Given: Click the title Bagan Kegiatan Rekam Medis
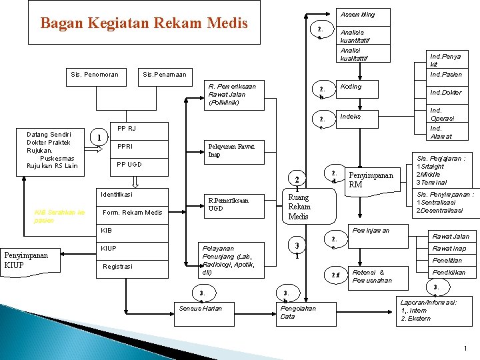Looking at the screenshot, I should pos(144,23).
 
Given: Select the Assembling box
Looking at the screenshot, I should pos(358,15).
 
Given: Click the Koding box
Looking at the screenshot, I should pos(351,87).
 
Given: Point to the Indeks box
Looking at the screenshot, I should pos(351,117).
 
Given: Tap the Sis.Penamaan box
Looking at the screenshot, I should pos(165,74).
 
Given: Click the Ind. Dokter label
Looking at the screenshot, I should pos(445,93).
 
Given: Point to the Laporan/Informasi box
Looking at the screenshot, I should pos(428,311).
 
